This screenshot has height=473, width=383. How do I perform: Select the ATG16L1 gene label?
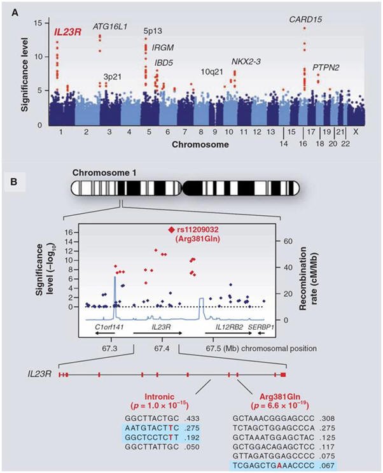pos(110,26)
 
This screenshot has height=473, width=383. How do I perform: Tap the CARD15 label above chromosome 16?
pos(305,20)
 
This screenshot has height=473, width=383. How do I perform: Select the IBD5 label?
pos(165,62)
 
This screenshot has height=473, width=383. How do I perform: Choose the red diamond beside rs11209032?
pos(171,229)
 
